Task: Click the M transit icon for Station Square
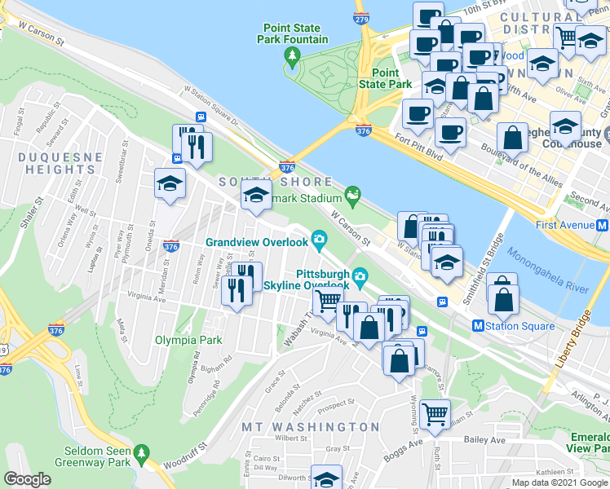pyautogui.click(x=478, y=326)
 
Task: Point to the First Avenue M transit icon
pyautogui.click(x=602, y=224)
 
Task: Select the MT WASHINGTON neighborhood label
pyautogui.click(x=310, y=427)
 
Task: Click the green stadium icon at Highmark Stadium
pyautogui.click(x=353, y=194)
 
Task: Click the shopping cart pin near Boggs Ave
pyautogui.click(x=435, y=413)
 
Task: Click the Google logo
pyautogui.click(x=27, y=479)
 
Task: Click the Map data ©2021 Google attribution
pyautogui.click(x=559, y=482)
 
